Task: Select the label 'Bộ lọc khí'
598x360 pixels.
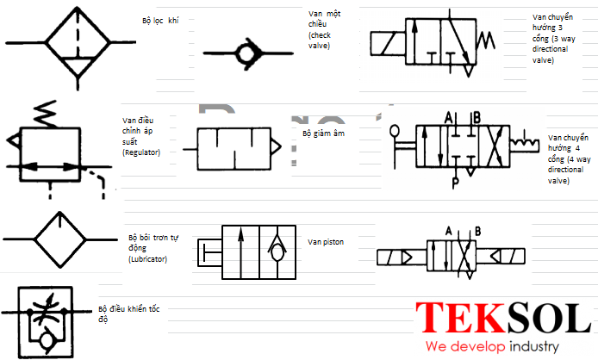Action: point(160,21)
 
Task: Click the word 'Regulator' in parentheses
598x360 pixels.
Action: point(141,152)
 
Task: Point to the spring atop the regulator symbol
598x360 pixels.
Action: point(46,114)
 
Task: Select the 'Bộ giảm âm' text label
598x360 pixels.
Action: point(323,133)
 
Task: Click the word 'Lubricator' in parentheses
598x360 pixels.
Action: point(148,259)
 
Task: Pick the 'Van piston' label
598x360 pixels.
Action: point(326,242)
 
